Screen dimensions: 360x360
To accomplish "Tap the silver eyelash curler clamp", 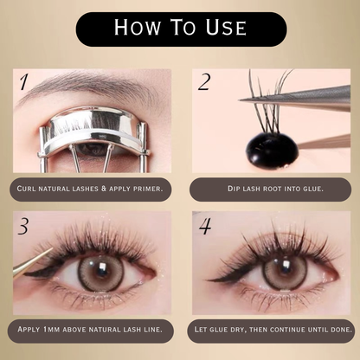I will [92, 129].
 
